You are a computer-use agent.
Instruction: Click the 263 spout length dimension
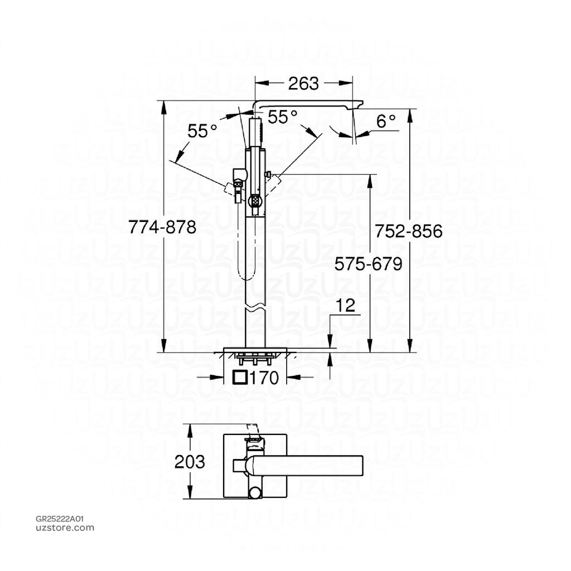(x=303, y=83)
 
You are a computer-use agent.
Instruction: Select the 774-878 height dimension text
(x=162, y=228)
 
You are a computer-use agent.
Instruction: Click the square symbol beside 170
(x=240, y=378)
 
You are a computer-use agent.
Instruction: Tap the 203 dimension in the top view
(x=190, y=462)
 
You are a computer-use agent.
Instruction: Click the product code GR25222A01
(x=60, y=518)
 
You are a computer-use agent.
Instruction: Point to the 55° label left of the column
(x=202, y=132)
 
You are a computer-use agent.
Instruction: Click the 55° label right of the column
(x=282, y=117)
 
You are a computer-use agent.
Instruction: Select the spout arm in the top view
(x=307, y=463)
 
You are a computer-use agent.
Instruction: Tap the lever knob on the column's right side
(x=269, y=176)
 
